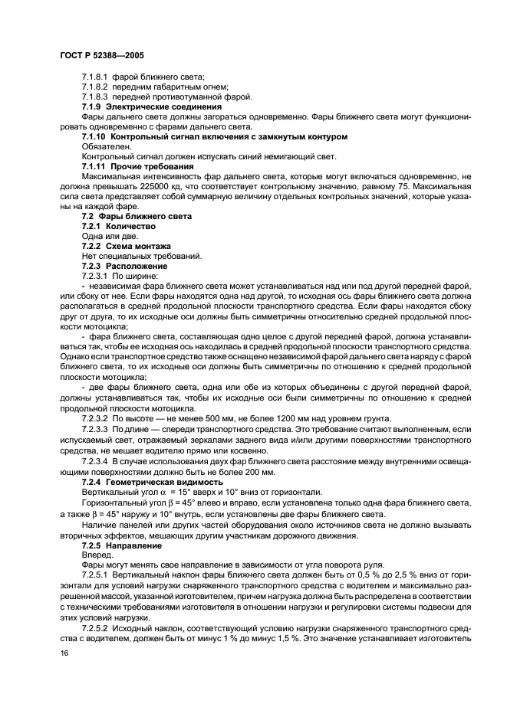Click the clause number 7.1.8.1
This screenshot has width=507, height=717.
click(96, 77)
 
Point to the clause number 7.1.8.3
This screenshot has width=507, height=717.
click(96, 97)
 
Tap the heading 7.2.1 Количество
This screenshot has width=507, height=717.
click(118, 227)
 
